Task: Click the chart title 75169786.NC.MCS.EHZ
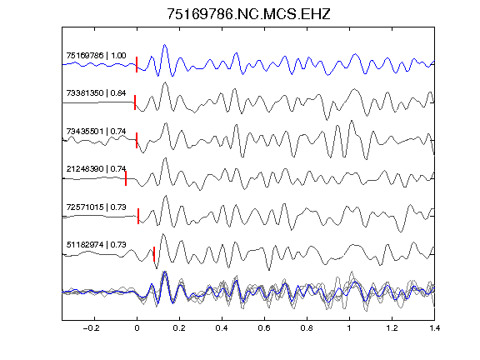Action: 248,14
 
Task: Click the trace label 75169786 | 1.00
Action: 96,55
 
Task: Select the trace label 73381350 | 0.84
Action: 96,93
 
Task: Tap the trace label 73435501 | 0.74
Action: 96,132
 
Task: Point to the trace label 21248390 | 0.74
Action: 96,169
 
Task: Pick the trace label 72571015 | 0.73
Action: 96,207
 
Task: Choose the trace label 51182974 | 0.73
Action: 96,245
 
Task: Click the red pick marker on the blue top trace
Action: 137,65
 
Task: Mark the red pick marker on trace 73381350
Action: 135,102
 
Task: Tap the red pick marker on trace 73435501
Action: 137,140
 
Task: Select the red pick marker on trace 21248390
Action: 126,178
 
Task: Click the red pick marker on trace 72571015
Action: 138,216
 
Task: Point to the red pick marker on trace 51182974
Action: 154,254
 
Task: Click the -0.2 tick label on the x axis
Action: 92,328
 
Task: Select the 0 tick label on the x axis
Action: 137,328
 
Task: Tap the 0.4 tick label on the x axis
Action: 222,328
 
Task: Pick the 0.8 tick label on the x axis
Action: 307,328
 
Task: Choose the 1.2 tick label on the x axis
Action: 392,328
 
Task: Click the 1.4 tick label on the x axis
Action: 434,328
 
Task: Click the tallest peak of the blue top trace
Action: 165,45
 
